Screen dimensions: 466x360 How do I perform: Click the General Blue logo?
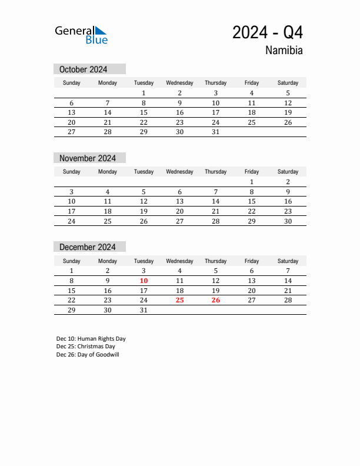pos(81,35)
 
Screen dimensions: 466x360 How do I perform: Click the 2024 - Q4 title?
pos(268,32)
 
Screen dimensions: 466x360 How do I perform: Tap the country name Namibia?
pos(284,51)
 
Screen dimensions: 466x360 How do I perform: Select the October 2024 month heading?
pos(84,69)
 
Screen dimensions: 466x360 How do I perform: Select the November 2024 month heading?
pos(88,158)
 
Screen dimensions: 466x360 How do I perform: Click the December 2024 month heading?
pos(88,247)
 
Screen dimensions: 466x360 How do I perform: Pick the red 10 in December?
pos(144,281)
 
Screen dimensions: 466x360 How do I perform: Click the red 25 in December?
pos(179,299)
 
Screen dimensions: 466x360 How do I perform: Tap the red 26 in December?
pos(215,299)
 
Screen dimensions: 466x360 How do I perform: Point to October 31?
pos(215,132)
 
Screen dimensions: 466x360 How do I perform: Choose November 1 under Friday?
pos(252,182)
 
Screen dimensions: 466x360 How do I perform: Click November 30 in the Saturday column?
pos(288,221)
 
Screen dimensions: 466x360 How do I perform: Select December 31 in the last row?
pos(144,309)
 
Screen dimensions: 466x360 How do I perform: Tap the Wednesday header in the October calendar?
pos(179,83)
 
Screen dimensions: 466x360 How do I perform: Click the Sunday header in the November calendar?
pos(72,172)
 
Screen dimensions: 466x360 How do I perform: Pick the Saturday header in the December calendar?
pos(288,261)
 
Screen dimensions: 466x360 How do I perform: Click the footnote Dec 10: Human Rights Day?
pos(91,339)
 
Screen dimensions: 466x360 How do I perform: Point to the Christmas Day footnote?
pos(86,347)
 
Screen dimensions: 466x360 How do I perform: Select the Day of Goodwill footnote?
pos(88,355)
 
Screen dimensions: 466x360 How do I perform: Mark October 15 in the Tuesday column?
pos(144,112)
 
